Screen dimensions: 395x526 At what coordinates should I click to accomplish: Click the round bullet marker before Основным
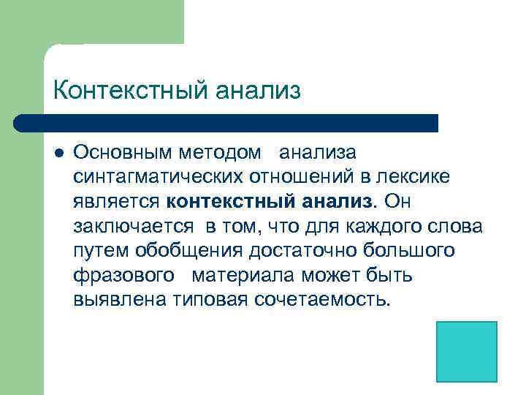click(59, 153)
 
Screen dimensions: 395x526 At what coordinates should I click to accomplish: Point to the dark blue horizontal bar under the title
click(226, 123)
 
